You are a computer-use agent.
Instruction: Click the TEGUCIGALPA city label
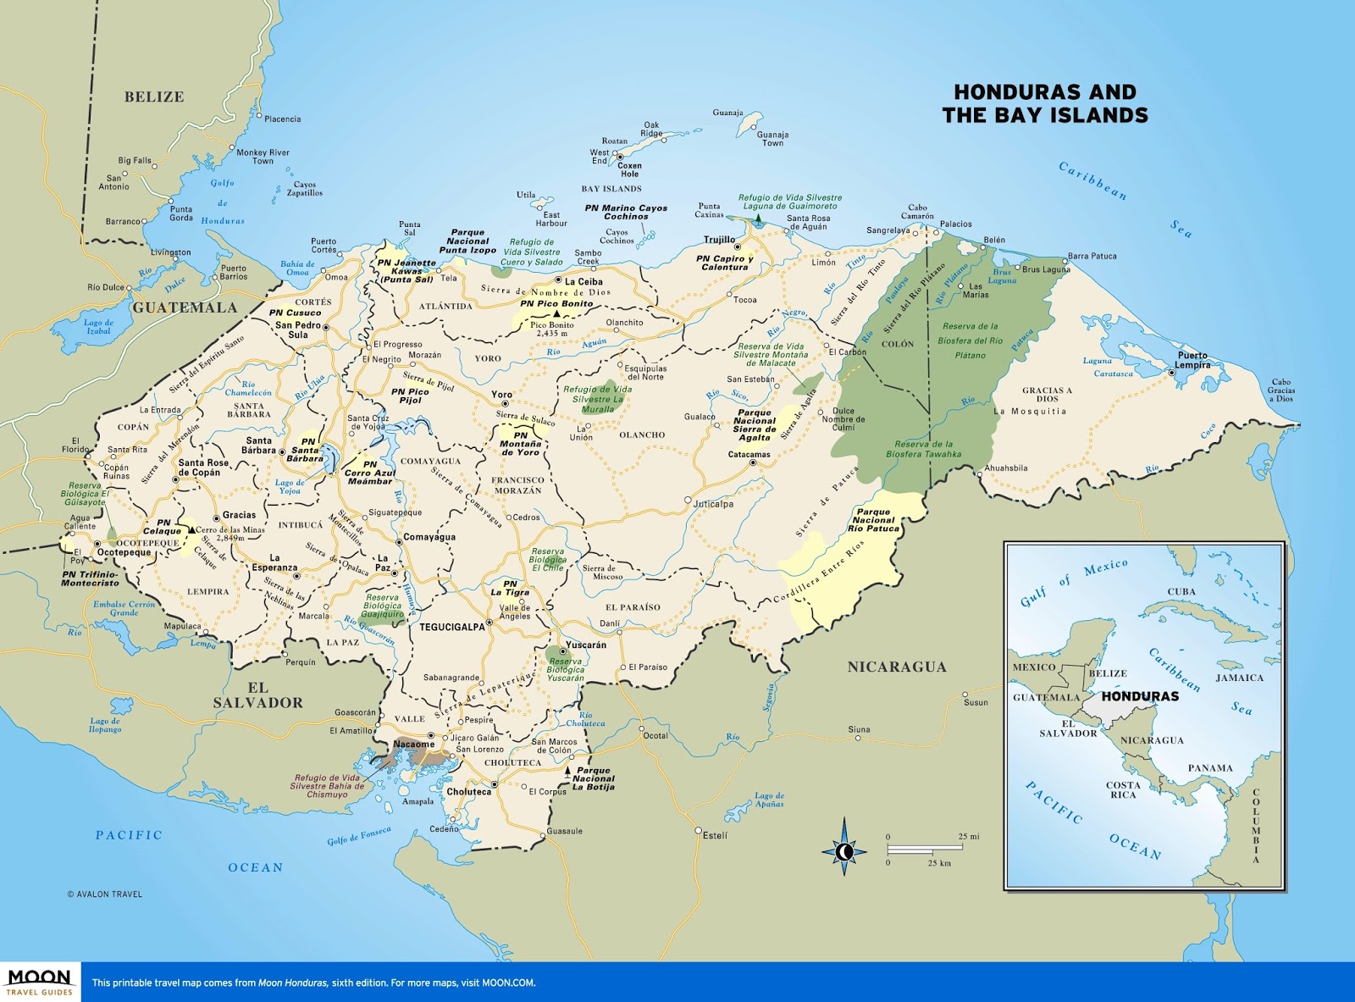click(x=452, y=628)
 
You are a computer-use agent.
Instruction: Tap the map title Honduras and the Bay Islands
click(x=1044, y=103)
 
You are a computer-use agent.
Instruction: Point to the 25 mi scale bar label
click(x=968, y=836)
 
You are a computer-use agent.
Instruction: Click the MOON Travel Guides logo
click(x=39, y=983)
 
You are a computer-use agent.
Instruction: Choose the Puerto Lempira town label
click(x=1192, y=360)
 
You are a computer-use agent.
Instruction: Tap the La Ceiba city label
click(x=583, y=282)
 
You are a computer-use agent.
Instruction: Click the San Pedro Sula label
click(x=297, y=329)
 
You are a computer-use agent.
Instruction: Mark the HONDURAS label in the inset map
click(x=1139, y=696)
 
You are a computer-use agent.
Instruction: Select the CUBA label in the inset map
click(x=1181, y=591)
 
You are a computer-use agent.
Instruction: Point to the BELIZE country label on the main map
click(x=154, y=97)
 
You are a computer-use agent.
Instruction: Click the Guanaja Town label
click(x=772, y=139)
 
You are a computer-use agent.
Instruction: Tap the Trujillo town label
click(x=719, y=240)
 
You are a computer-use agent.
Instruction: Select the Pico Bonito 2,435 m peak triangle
click(x=556, y=314)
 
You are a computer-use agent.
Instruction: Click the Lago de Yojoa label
click(x=290, y=486)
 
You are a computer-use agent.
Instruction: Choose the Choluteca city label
click(x=468, y=792)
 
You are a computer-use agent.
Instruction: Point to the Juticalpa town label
click(x=713, y=504)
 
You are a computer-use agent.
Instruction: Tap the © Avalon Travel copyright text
click(x=104, y=894)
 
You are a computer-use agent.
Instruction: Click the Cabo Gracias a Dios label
click(x=1280, y=390)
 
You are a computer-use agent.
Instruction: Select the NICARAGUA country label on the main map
click(x=897, y=667)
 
